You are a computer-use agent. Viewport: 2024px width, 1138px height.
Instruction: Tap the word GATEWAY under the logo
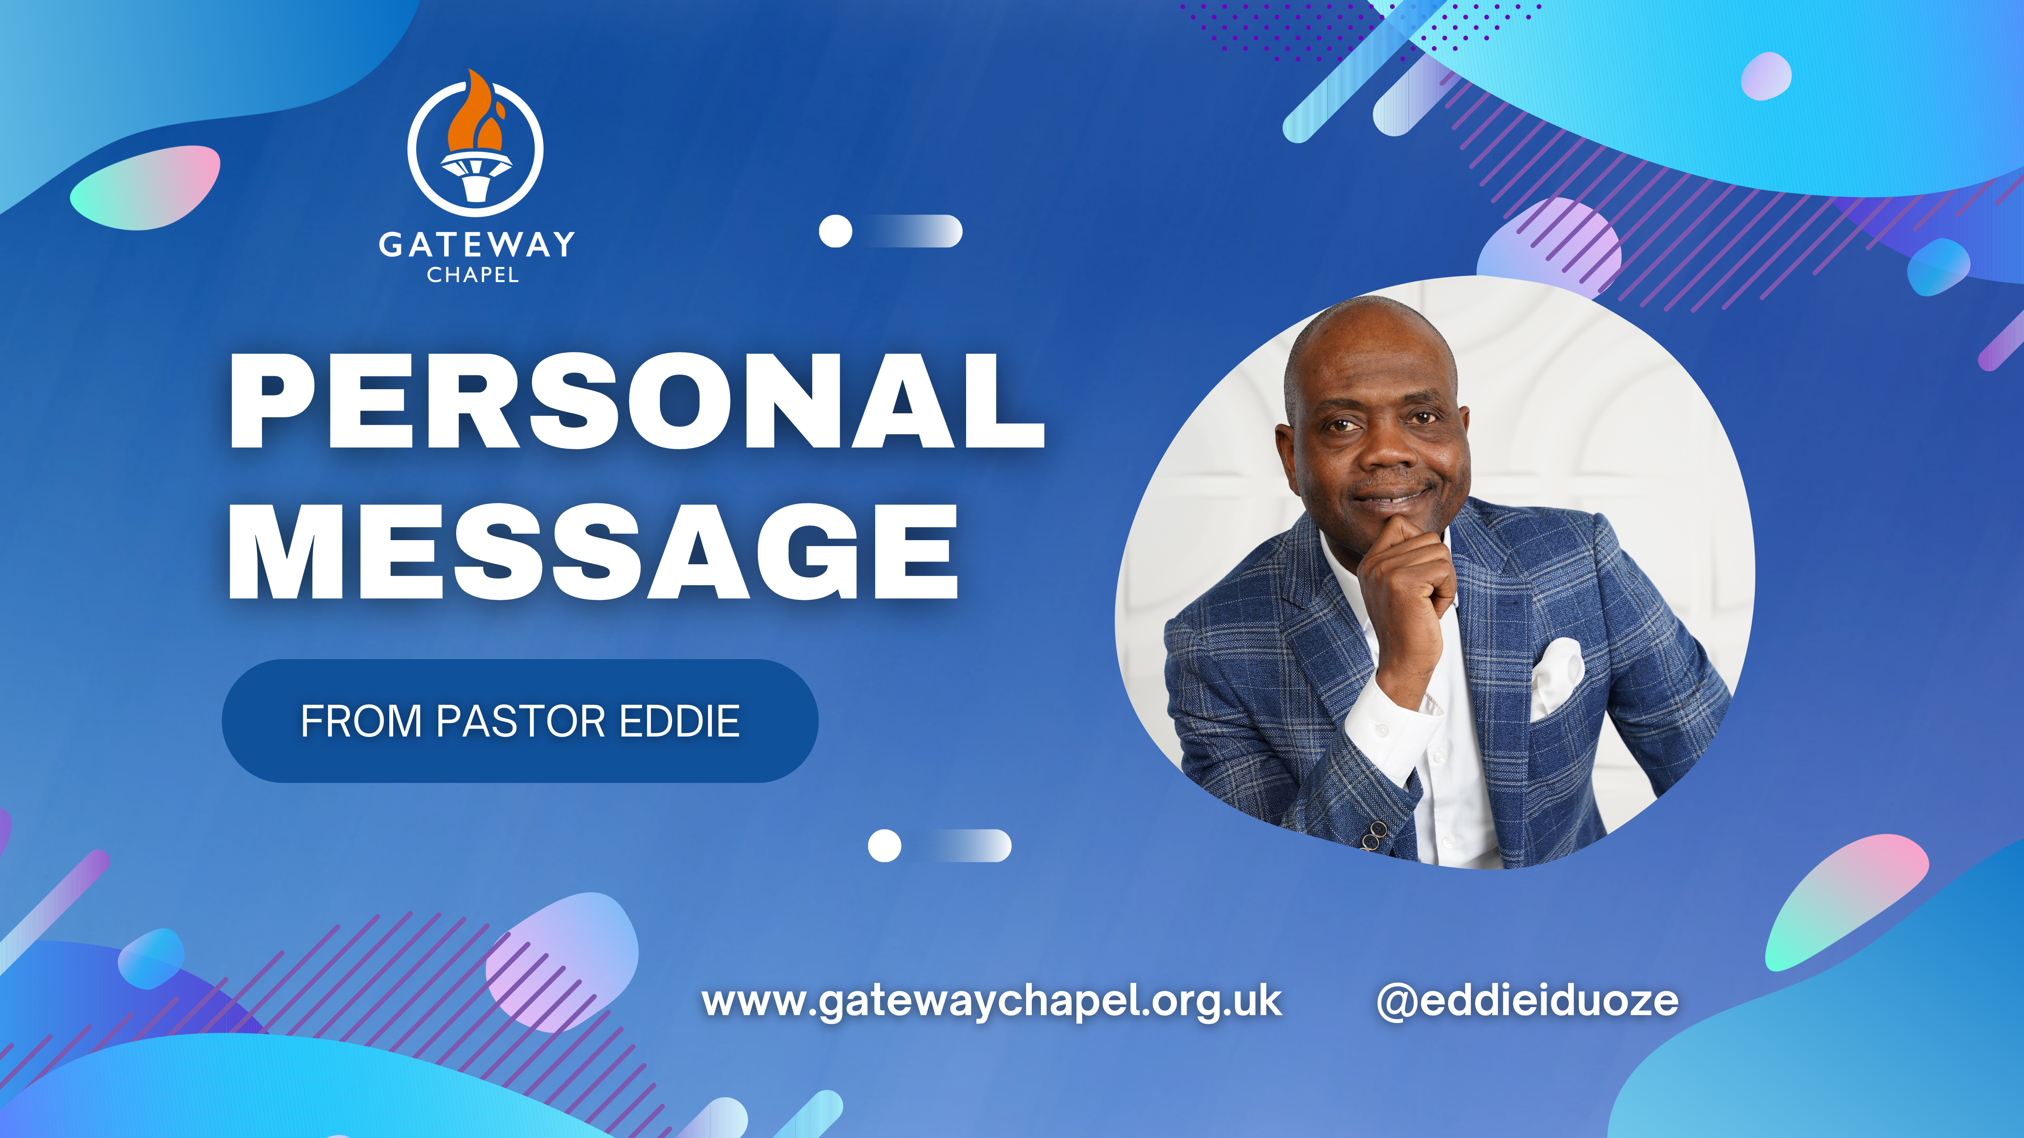point(477,244)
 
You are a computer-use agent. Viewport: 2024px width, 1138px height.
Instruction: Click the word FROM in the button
point(361,721)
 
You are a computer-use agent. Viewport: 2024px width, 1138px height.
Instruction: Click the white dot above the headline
point(835,231)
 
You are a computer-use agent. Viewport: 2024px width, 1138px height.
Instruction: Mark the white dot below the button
point(885,846)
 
